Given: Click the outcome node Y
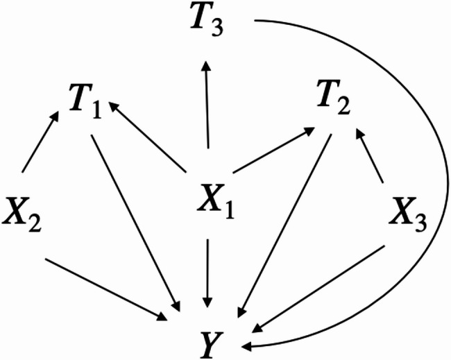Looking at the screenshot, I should tap(211, 338).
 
